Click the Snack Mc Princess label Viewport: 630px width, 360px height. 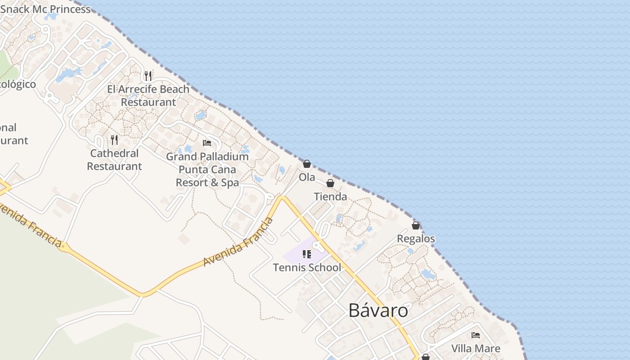point(45,9)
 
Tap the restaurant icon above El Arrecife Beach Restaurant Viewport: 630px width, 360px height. point(148,76)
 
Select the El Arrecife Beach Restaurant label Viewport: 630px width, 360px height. point(148,95)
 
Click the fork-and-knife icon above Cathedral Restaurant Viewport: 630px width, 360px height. point(114,140)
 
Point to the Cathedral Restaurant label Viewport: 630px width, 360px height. point(114,160)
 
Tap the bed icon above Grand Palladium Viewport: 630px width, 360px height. point(207,143)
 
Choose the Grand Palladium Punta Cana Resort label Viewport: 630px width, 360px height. point(207,170)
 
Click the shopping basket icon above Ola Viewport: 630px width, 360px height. point(307,164)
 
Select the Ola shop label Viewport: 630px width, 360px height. point(307,177)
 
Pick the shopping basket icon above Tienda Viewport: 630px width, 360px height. point(330,183)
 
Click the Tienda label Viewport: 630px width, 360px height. point(330,197)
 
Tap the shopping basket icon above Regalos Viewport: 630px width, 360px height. point(416,225)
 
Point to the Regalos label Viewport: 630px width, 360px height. point(416,238)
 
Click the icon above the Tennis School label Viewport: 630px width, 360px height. point(307,254)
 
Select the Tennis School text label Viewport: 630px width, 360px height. point(307,268)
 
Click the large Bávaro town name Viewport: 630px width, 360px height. point(378,310)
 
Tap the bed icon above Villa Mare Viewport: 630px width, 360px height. point(476,335)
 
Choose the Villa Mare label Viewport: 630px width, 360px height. point(476,348)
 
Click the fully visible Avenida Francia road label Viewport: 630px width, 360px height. point(238,242)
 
